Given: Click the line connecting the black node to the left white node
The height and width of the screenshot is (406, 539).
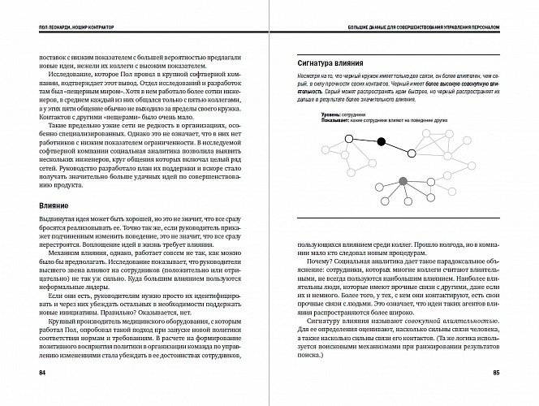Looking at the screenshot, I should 364,140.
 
